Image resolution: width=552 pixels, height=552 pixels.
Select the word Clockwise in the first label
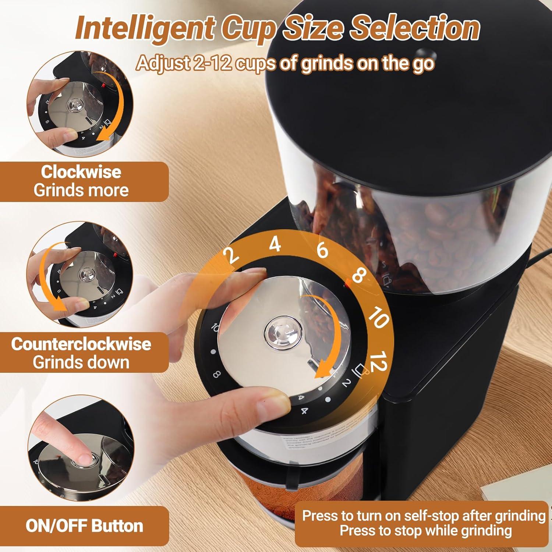pyautogui.click(x=81, y=172)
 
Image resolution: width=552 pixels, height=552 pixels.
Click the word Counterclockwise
pyautogui.click(x=81, y=344)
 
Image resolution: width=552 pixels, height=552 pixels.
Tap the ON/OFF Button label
pyautogui.click(x=84, y=526)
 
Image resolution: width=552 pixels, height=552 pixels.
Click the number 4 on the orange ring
pyautogui.click(x=275, y=244)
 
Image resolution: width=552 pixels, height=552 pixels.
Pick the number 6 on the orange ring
pyautogui.click(x=322, y=250)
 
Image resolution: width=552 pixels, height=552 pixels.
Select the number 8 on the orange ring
pyautogui.click(x=359, y=276)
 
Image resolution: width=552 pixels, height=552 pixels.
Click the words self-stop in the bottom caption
pyautogui.click(x=431, y=516)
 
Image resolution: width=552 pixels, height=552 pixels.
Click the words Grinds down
pyautogui.click(x=81, y=362)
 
